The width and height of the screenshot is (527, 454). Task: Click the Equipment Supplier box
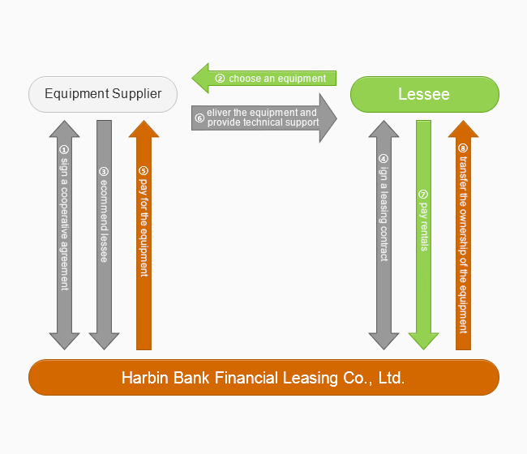pyautogui.click(x=103, y=94)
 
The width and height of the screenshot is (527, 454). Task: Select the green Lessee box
pyautogui.click(x=424, y=94)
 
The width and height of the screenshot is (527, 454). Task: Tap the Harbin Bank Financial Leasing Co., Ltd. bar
pyautogui.click(x=263, y=378)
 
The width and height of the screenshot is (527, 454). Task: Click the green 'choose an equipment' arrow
pyautogui.click(x=263, y=79)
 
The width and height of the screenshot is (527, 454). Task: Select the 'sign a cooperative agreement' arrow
pyautogui.click(x=64, y=235)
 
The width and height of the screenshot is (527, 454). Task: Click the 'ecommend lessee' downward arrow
pyautogui.click(x=104, y=235)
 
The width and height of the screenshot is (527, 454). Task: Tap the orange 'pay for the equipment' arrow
pyautogui.click(x=144, y=235)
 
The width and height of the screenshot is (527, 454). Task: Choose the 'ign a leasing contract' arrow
pyautogui.click(x=383, y=235)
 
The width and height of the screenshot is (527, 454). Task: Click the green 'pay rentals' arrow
pyautogui.click(x=423, y=235)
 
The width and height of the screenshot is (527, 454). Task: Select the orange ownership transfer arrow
pyautogui.click(x=463, y=235)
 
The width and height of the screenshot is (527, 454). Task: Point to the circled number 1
pyautogui.click(x=64, y=149)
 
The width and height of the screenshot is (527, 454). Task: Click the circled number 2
pyautogui.click(x=220, y=79)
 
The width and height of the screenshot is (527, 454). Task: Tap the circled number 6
pyautogui.click(x=199, y=118)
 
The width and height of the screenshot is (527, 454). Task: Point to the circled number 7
pyautogui.click(x=423, y=195)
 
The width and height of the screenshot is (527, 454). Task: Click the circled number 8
pyautogui.click(x=463, y=148)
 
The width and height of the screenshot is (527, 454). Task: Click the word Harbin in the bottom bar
pyautogui.click(x=143, y=378)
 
